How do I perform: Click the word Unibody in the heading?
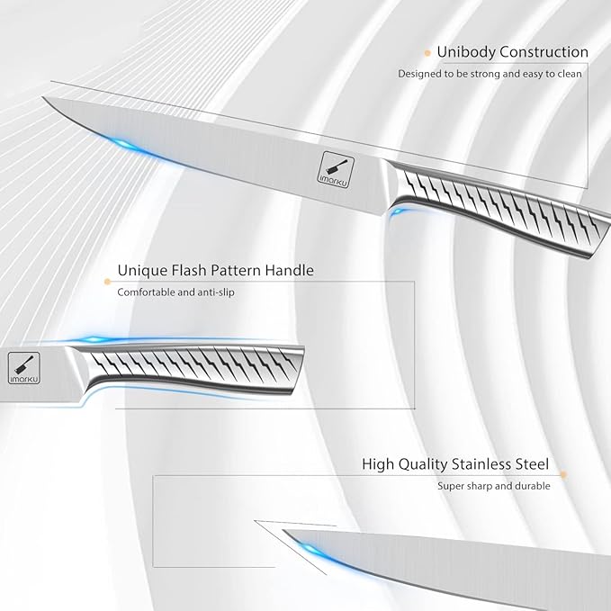(x=466, y=52)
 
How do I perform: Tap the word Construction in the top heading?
(x=544, y=51)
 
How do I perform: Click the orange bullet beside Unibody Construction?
(x=427, y=53)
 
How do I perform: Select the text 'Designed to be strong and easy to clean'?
(x=490, y=74)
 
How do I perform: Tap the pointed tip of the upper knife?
(x=42, y=97)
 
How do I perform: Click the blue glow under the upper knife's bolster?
(x=399, y=212)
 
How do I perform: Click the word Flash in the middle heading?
(x=187, y=270)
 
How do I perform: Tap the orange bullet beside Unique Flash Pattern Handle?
(x=108, y=282)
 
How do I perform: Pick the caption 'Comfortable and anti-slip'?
(x=175, y=292)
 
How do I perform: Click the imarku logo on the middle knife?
(x=24, y=368)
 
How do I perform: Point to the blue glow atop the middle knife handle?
(x=94, y=339)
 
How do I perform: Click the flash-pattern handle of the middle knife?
(x=187, y=367)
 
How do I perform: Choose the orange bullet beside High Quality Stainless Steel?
(x=562, y=474)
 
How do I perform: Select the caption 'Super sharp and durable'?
(x=494, y=486)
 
